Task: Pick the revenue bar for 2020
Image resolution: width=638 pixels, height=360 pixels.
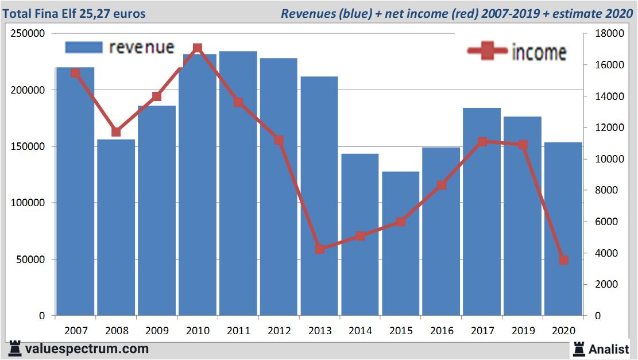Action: (x=563, y=229)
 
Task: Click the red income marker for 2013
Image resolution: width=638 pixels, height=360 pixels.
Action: (x=320, y=249)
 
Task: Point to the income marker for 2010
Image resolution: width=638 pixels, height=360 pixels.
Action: (x=198, y=48)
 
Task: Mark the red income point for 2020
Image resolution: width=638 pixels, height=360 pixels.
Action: (x=563, y=260)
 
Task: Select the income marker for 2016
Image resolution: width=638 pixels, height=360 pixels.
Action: (x=442, y=185)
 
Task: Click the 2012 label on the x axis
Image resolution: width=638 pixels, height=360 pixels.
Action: (x=279, y=331)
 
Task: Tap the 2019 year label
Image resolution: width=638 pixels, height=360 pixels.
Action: (x=523, y=331)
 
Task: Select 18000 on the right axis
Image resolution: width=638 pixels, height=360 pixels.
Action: (x=604, y=34)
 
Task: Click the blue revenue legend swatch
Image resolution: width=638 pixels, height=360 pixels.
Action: (x=83, y=47)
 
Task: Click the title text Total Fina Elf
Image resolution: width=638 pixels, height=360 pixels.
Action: (x=49, y=13)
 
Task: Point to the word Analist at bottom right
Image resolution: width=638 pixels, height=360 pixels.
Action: (x=609, y=349)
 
